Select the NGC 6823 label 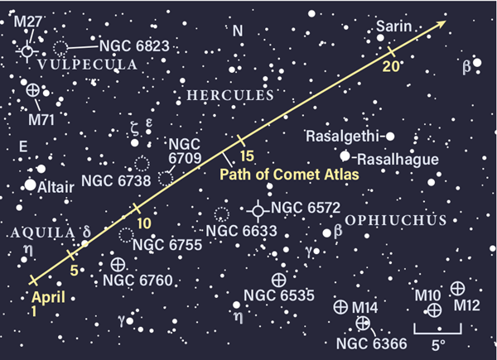(133, 46)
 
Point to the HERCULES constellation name (229, 96)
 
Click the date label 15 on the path (246, 155)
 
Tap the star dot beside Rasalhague (345, 155)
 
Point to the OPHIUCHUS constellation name (396, 220)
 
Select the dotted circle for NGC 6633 (221, 214)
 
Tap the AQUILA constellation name (36, 233)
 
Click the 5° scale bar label (436, 343)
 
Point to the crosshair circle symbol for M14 (340, 307)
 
